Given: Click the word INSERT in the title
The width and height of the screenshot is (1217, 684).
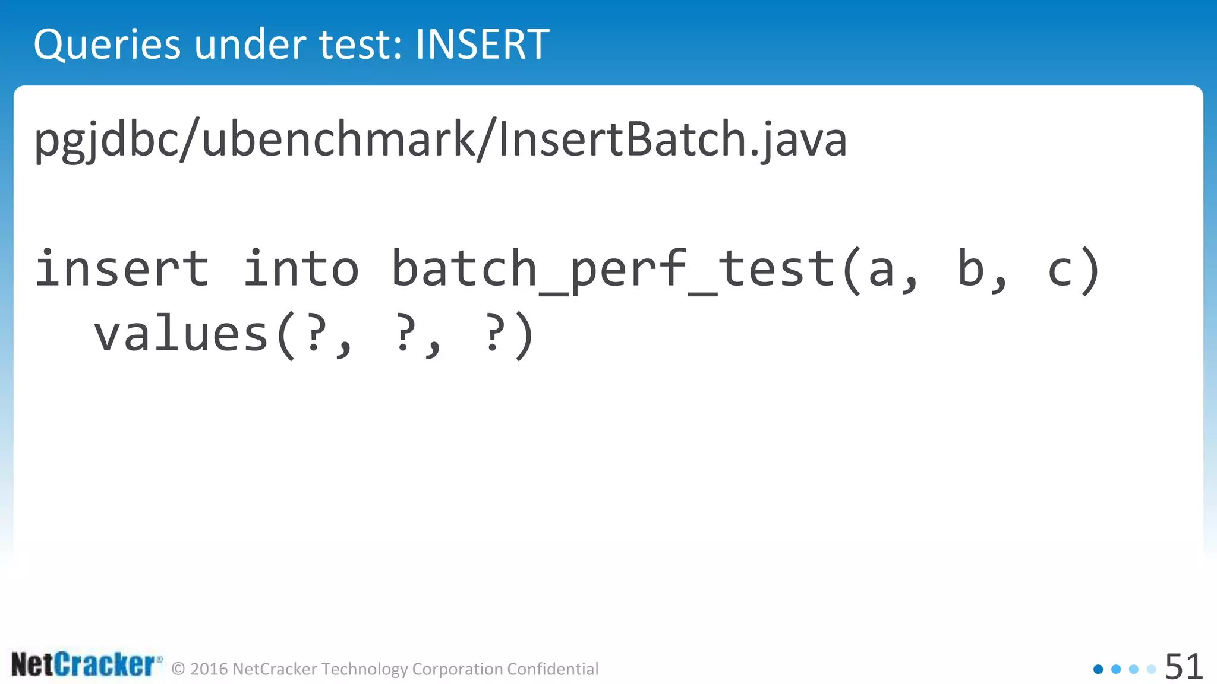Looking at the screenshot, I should pos(482,45).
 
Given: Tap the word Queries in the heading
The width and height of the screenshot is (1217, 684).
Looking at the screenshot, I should pos(107,46).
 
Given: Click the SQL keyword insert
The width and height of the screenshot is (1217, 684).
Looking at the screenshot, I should pos(122,268).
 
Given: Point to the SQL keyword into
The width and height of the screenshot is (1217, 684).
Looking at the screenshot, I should pos(301,268).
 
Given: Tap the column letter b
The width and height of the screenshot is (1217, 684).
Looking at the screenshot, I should pos(971,268).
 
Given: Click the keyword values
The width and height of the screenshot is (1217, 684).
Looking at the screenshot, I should pos(181,334).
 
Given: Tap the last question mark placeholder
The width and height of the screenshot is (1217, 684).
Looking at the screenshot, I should pos(493,334).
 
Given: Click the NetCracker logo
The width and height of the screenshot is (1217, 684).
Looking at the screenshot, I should pos(86,664).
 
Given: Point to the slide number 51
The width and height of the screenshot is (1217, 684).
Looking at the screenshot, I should pos(1184,667).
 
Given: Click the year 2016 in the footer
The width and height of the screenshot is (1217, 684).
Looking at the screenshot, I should pos(209,669).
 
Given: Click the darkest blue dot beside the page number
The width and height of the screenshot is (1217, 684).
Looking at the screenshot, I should pos(1098,669).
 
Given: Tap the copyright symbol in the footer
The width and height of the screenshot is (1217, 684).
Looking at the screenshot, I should pos(178,669).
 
